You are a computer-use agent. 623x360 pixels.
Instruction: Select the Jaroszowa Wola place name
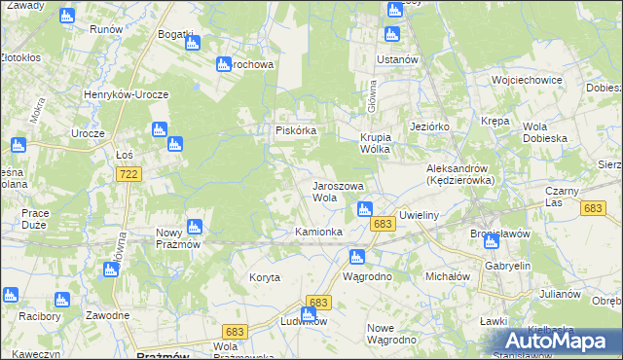(337, 191)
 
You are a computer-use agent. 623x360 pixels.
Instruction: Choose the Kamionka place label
(318, 232)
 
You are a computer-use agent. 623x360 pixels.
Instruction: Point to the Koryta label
(264, 277)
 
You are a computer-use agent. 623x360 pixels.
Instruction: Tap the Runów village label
(105, 29)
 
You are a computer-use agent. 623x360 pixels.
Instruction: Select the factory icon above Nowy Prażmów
(194, 227)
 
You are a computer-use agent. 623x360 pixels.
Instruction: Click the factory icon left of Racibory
(11, 295)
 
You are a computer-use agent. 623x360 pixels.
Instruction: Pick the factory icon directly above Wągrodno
(356, 257)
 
